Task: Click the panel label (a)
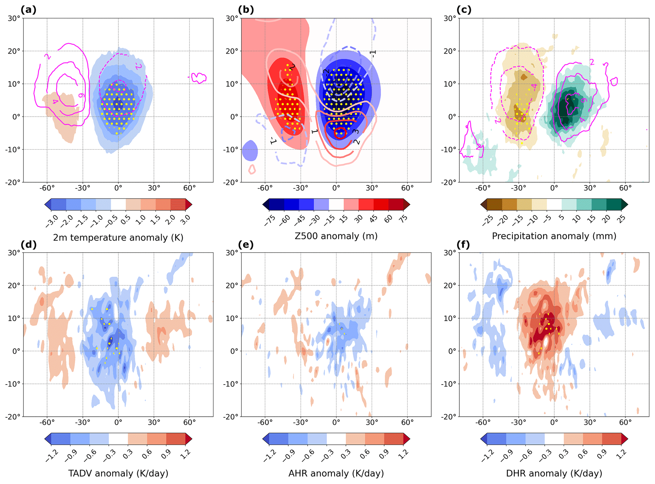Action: [x=28, y=10]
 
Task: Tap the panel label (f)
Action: [x=464, y=244]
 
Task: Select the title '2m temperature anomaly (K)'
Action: [x=118, y=237]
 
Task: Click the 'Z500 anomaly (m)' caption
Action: [x=336, y=236]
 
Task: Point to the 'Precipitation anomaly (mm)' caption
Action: [x=554, y=236]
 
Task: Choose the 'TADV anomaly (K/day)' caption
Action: [x=118, y=473]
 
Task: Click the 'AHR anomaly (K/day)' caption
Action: [x=336, y=473]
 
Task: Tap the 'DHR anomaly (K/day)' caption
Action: [x=554, y=473]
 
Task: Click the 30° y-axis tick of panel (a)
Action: [x=14, y=18]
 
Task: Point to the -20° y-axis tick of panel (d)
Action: [x=13, y=416]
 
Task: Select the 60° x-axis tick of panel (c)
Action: [x=625, y=188]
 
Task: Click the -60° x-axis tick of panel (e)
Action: [x=265, y=422]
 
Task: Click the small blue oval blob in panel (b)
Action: [x=250, y=151]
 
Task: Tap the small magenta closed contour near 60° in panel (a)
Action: [x=199, y=77]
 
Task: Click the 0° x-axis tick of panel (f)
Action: [x=554, y=422]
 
